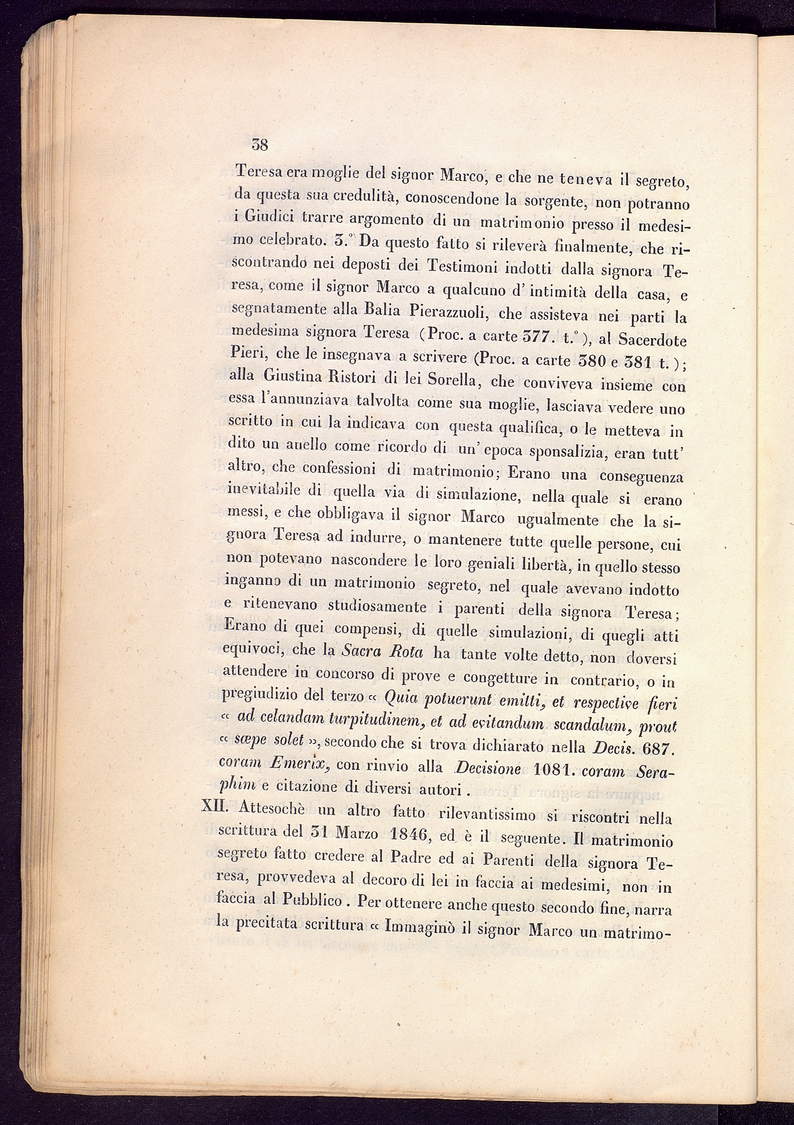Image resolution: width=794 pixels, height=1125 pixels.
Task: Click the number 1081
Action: (552, 769)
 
